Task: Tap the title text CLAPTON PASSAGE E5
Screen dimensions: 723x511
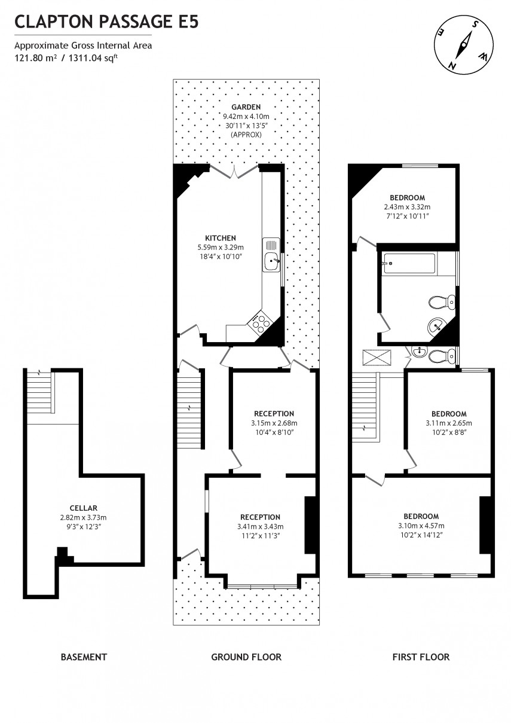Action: (x=106, y=23)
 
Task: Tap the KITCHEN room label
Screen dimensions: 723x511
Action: (x=220, y=238)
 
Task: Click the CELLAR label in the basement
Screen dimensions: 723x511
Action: (x=83, y=508)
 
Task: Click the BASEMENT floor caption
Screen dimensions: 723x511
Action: (x=84, y=657)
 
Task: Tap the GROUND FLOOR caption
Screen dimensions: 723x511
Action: (x=246, y=657)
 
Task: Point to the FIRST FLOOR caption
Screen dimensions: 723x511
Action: (x=421, y=657)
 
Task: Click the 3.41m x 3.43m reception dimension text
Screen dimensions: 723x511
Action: (x=260, y=527)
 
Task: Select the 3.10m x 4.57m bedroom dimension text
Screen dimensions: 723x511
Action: (x=421, y=526)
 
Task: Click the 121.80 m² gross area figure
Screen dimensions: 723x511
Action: (x=35, y=58)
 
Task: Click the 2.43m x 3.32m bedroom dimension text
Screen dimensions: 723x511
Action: (x=407, y=207)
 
